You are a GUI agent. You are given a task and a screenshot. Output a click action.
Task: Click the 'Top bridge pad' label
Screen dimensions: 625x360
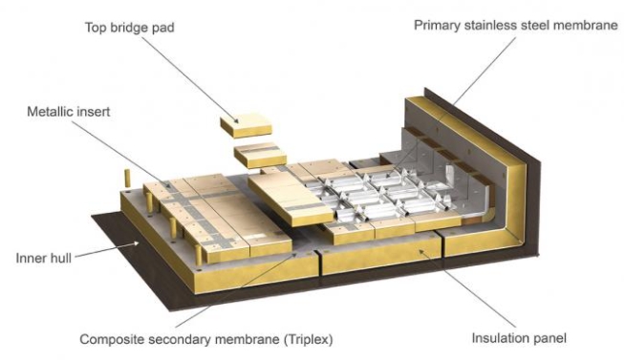(130, 28)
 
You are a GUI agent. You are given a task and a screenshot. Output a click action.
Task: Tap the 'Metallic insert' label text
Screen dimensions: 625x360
(69, 112)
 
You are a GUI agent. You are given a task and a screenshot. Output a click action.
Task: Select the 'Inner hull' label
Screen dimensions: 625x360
(44, 258)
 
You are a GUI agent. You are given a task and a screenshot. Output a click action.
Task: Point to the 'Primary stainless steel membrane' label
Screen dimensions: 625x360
(516, 26)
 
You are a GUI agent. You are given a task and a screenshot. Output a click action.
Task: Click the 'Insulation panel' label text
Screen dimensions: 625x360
(519, 338)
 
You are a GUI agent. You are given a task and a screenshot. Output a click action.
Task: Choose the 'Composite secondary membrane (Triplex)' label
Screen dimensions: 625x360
(206, 339)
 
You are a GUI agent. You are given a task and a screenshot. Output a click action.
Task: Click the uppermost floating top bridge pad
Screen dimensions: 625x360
(247, 125)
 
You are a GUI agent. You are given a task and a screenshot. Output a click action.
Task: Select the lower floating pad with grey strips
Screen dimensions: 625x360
(260, 155)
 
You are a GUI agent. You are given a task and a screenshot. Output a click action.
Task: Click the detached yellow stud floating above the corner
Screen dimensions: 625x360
(128, 178)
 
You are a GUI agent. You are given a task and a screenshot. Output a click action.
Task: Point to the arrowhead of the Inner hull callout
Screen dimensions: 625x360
(137, 243)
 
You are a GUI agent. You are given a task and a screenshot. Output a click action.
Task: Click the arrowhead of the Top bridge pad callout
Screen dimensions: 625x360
(236, 120)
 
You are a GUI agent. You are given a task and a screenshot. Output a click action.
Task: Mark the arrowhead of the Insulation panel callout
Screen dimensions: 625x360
(420, 251)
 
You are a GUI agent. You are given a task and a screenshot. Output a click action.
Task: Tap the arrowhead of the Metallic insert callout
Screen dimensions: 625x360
(168, 185)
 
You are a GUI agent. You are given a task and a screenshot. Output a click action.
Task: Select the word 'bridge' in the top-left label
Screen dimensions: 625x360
(129, 28)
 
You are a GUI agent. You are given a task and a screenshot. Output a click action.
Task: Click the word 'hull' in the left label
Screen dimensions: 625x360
(60, 258)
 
